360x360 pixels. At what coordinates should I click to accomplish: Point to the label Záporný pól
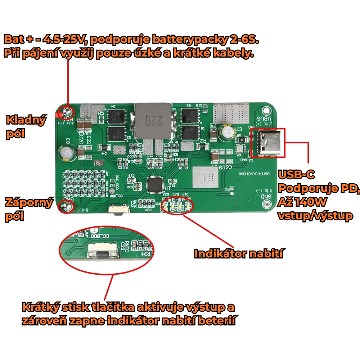click(29, 209)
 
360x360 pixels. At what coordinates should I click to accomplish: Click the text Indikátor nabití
click(238, 254)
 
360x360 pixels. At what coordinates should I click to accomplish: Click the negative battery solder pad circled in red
click(67, 207)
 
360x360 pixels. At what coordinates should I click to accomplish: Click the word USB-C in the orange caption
click(297, 175)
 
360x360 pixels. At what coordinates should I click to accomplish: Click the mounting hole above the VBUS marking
click(266, 109)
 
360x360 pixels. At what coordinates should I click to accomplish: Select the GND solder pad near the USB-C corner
click(267, 204)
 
